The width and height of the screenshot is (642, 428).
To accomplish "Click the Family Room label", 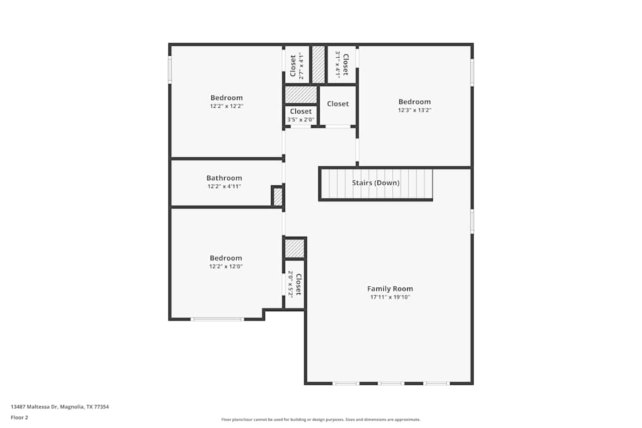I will (x=390, y=289).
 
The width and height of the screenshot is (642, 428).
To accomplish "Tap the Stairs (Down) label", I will (x=376, y=183).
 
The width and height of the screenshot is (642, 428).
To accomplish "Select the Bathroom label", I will (x=224, y=178).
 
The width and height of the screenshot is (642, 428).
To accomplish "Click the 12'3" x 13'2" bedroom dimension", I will (x=414, y=110).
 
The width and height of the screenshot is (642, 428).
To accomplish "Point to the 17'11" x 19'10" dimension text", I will (x=390, y=297).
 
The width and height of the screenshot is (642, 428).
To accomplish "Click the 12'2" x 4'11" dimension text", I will (x=224, y=187).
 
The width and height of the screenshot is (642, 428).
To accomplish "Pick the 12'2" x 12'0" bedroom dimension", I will (x=226, y=266).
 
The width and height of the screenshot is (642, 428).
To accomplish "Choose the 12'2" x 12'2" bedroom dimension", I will (x=227, y=106).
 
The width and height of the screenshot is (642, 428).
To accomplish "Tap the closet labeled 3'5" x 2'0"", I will (x=300, y=115).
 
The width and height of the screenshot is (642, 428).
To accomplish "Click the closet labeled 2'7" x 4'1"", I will (x=296, y=65).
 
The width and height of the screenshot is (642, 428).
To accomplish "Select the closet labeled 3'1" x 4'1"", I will (x=342, y=65).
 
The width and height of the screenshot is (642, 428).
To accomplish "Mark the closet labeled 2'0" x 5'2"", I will (x=294, y=284).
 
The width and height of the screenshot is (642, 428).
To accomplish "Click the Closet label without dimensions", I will (x=338, y=104).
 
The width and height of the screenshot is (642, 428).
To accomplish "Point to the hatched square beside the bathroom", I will (x=278, y=196).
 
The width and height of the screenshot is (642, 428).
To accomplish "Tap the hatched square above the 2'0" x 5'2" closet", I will (x=294, y=248).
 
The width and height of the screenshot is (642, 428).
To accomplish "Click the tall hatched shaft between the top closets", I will (x=318, y=64).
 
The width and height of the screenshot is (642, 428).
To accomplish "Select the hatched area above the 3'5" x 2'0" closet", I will (x=301, y=94).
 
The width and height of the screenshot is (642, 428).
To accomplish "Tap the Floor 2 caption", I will (x=19, y=417).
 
